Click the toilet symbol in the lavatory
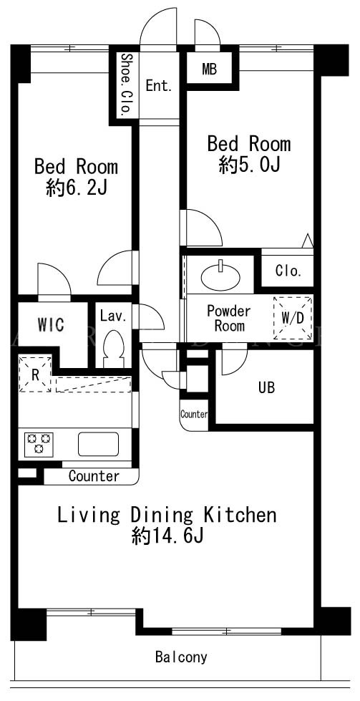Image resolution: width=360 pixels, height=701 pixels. (112, 349)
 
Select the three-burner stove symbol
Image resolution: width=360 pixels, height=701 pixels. (39, 444)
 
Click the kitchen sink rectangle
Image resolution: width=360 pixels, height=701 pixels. (98, 443)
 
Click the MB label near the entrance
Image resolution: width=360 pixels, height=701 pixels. (209, 69)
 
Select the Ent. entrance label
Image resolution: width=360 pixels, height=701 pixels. (159, 87)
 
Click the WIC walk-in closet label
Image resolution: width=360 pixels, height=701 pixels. (50, 325)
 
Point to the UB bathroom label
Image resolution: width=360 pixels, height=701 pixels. (266, 387)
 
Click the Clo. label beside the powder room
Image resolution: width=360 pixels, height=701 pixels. (288, 271)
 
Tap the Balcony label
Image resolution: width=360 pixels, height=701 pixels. (181, 657)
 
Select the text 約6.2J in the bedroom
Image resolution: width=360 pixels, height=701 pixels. (76, 189)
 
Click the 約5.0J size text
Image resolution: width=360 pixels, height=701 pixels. (249, 166)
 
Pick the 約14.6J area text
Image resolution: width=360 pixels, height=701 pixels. (167, 536)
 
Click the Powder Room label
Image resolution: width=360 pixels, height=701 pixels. (229, 318)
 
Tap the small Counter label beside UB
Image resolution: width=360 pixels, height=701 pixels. (194, 415)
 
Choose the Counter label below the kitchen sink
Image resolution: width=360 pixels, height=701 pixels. (94, 476)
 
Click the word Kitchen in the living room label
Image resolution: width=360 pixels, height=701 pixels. (240, 515)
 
